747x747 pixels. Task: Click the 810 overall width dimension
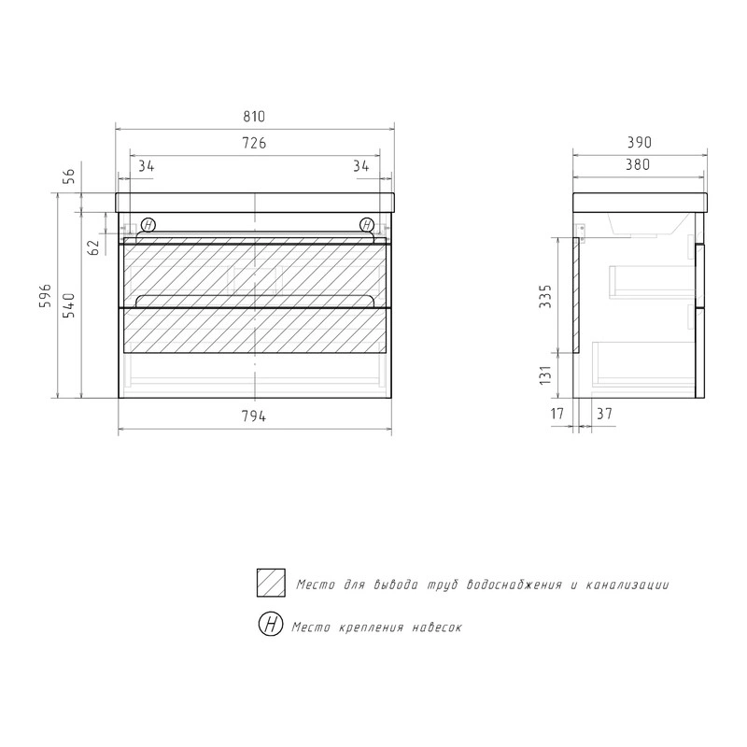254,117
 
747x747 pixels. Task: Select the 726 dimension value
254,143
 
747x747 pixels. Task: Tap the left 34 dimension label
147,166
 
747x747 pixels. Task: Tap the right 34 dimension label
361,166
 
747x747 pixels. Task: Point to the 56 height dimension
69,176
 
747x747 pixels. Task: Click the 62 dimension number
94,247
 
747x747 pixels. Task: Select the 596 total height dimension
45,296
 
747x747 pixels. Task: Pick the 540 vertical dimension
69,306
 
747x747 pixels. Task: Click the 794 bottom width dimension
254,416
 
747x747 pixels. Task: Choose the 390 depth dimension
639,142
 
